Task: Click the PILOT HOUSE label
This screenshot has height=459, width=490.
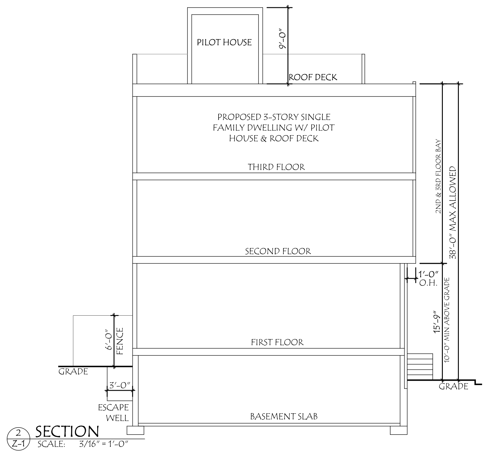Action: tap(224, 42)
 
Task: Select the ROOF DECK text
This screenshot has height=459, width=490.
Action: tap(313, 77)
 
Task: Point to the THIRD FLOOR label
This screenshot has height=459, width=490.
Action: tap(276, 167)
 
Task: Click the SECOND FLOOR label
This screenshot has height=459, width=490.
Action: tap(278, 251)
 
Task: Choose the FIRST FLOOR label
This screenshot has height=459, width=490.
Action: tap(277, 342)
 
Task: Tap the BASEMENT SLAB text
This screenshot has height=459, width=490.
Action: tap(284, 417)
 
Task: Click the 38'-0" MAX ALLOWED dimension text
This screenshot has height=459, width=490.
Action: tap(453, 212)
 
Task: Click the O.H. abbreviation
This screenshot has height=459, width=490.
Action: tap(428, 283)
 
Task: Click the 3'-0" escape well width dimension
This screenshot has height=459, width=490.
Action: tap(120, 385)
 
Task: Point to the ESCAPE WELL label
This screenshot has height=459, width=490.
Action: tap(114, 412)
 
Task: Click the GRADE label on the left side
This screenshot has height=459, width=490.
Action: tap(73, 372)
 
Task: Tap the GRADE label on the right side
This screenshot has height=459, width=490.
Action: tap(454, 386)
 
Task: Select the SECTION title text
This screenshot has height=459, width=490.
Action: tap(67, 432)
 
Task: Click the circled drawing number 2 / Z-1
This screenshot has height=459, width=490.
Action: tap(18, 439)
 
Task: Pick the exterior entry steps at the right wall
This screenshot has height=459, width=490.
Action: tap(420, 366)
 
